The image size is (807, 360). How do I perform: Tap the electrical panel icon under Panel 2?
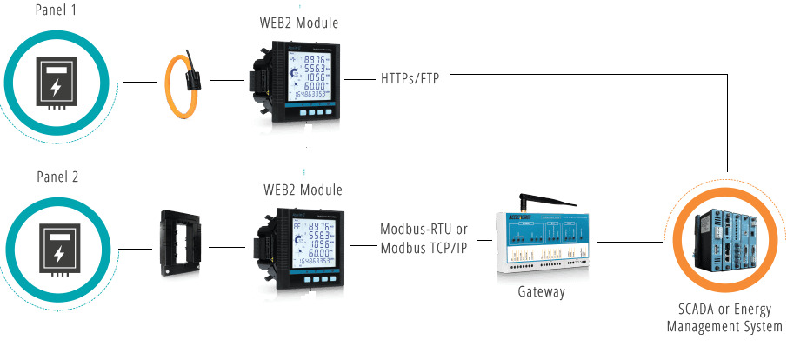(60, 247)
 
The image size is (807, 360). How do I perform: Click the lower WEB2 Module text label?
(303, 190)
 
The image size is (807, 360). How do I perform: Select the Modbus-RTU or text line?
(424, 230)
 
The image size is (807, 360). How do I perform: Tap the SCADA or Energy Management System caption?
(724, 318)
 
